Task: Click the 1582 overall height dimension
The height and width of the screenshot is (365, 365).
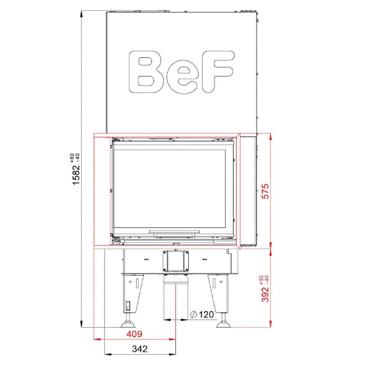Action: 76,174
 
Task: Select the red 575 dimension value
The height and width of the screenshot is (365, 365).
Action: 265,191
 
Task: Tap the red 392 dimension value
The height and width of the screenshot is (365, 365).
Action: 265,294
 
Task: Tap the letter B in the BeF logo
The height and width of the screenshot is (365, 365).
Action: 145,72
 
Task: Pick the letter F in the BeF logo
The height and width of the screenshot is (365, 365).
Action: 218,72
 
